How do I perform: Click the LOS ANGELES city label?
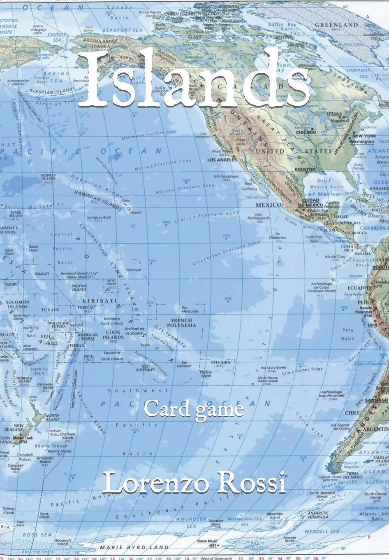coord(222,159)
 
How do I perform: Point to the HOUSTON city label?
coord(305,169)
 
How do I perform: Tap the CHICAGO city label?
coord(306,132)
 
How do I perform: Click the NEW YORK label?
coord(364,136)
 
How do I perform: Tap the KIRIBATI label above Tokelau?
coord(95,301)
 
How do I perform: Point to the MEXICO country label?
coord(269,205)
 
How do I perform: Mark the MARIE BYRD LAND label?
coord(134,547)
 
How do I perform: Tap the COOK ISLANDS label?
coord(113,335)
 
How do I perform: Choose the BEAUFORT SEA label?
coord(122,30)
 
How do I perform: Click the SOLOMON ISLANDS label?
coord(18,304)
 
